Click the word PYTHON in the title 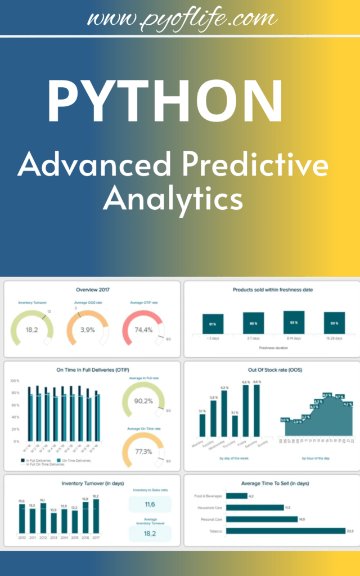coord(165,101)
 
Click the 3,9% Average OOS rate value coord(87,329)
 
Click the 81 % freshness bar coord(213,324)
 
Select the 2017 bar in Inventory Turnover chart coord(96,516)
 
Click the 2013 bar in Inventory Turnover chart coord(53,523)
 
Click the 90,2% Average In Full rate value coord(143,401)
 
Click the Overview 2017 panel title coord(92,290)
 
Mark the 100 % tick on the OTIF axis coord(15,381)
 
